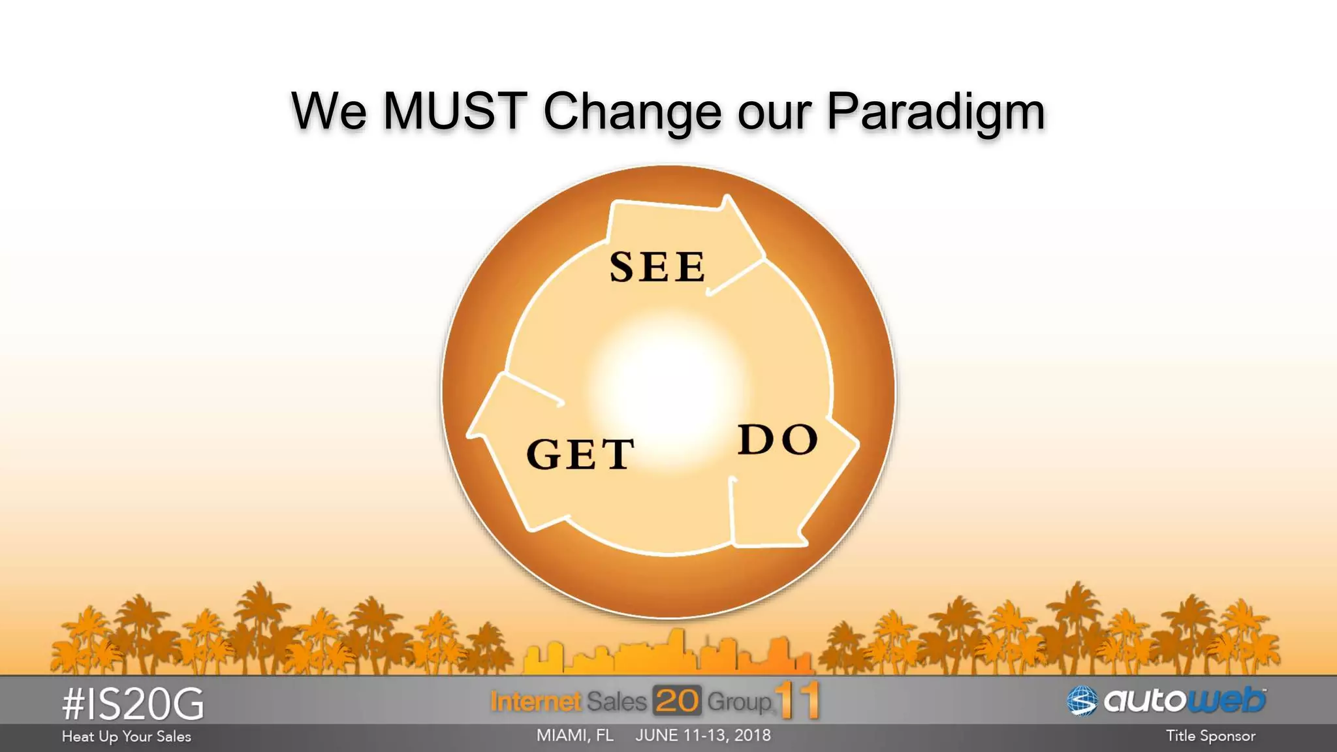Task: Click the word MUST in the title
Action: [454, 111]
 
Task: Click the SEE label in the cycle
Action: [657, 267]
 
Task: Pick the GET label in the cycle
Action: [580, 454]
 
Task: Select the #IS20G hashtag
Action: [133, 704]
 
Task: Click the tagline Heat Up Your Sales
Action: [126, 736]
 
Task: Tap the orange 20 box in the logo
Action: [677, 701]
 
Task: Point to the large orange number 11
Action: [798, 700]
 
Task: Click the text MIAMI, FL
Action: [574, 736]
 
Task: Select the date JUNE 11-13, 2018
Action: [703, 736]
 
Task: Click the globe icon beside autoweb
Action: [1082, 702]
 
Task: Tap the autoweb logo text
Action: [1184, 700]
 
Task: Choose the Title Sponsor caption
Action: [1210, 736]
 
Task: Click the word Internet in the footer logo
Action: [535, 702]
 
